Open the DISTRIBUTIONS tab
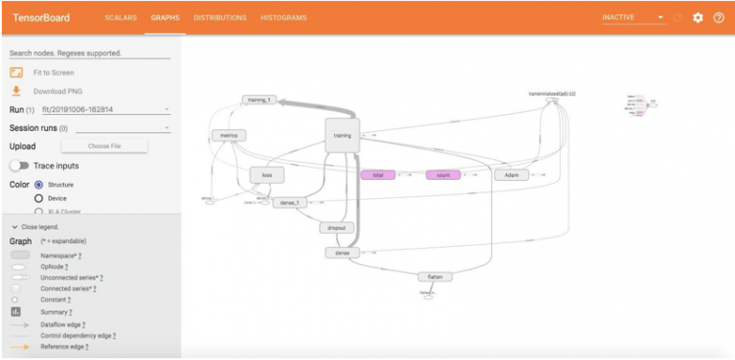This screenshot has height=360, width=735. (220, 17)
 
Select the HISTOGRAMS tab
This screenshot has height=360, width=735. (284, 17)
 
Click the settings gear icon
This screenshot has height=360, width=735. (698, 17)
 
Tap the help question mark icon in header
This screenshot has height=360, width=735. (719, 17)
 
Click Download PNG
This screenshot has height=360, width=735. (56, 91)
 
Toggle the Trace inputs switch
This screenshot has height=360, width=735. (19, 166)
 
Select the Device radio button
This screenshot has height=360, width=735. (39, 198)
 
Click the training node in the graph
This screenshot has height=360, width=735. (342, 136)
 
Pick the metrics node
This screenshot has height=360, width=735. (228, 136)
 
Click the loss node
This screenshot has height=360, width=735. (267, 175)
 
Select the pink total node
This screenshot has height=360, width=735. (377, 175)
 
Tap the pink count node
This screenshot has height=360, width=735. (443, 175)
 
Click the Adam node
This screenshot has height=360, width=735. (511, 175)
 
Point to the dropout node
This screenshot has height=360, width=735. (336, 228)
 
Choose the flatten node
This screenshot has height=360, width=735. (434, 277)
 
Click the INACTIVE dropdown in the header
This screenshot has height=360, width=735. (633, 17)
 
